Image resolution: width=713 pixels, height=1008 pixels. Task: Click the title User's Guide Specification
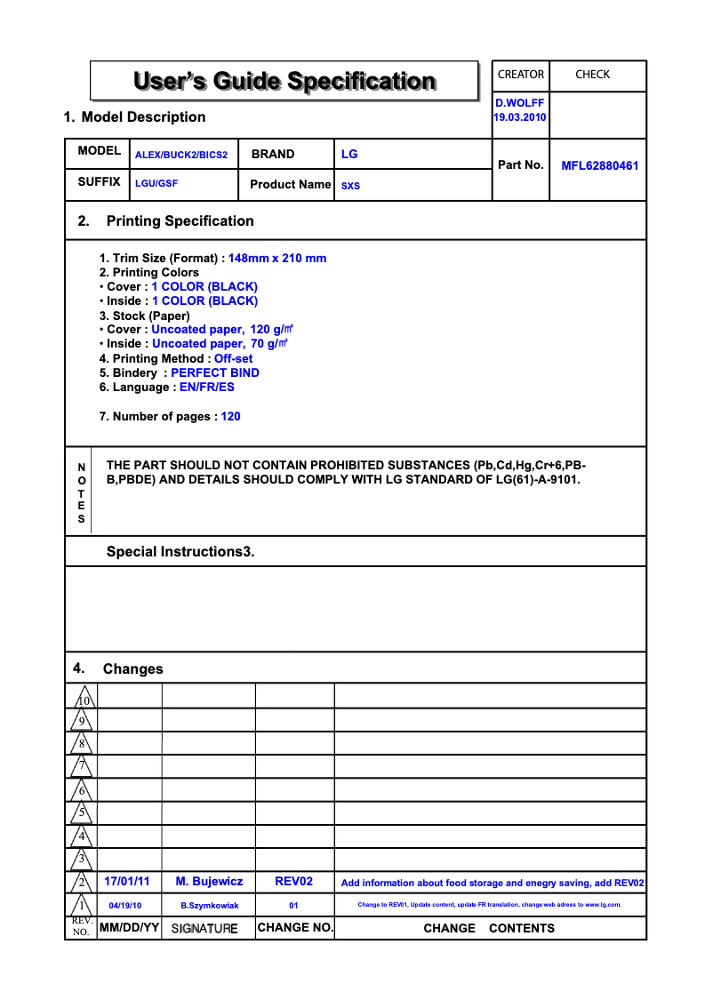(284, 82)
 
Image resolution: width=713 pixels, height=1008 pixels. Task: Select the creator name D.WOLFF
(520, 103)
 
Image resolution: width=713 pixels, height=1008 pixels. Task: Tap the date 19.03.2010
(520, 118)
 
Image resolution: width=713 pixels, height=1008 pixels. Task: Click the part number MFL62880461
(599, 165)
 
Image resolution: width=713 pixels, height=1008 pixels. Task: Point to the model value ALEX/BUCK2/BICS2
(181, 155)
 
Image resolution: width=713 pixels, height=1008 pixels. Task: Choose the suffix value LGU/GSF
(156, 184)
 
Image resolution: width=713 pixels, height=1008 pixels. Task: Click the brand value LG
(349, 154)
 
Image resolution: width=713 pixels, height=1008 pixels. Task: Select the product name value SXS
(351, 187)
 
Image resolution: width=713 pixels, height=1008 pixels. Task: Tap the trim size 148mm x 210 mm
(277, 259)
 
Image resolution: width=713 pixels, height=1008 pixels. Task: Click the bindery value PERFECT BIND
(215, 373)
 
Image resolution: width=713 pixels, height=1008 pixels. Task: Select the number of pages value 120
(230, 417)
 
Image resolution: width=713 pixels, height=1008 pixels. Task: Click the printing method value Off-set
(233, 359)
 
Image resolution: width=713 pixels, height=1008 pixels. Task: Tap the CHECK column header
(592, 75)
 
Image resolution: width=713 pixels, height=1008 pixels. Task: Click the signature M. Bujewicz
(209, 882)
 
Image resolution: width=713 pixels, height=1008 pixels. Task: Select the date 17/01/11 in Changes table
(127, 882)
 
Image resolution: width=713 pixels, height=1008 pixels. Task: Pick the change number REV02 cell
(294, 882)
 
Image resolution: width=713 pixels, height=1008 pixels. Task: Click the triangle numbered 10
(83, 698)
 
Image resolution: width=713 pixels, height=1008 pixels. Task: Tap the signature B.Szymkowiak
(210, 906)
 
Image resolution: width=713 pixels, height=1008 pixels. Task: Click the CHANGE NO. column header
(295, 928)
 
